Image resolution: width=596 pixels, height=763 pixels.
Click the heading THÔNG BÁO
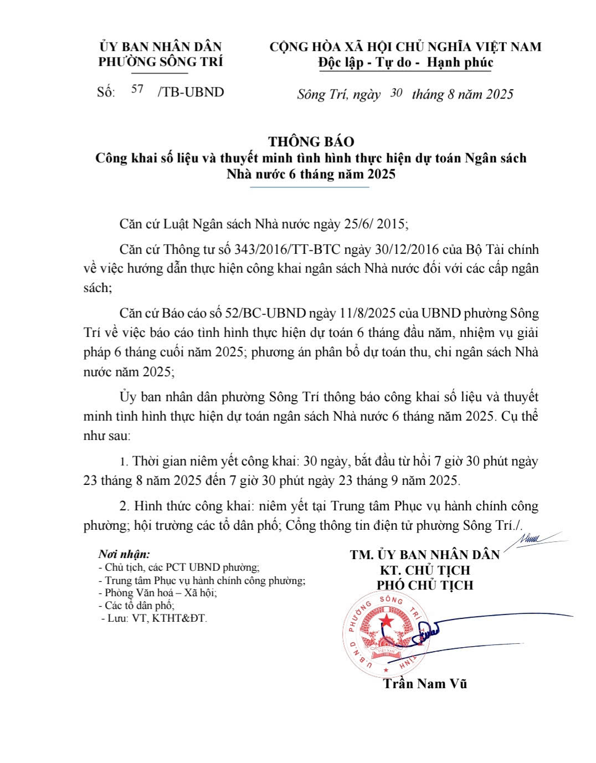click(311, 141)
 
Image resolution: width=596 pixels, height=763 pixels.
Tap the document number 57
click(137, 89)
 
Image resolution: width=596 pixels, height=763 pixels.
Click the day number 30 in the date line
click(395, 93)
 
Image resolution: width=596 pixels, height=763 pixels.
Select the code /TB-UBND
click(191, 92)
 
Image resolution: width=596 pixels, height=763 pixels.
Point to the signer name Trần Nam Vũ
click(425, 684)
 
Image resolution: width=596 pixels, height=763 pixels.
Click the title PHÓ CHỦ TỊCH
click(425, 585)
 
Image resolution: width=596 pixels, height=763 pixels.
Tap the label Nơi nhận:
click(124, 554)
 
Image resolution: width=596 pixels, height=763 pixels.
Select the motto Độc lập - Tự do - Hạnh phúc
click(405, 63)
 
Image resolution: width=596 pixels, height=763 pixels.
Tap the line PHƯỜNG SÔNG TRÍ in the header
click(161, 62)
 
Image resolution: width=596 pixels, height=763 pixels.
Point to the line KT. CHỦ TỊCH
click(425, 570)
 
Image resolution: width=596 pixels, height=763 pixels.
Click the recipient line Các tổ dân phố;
click(140, 606)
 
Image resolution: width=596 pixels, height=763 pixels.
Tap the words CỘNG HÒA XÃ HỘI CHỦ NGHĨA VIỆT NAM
click(405, 47)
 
